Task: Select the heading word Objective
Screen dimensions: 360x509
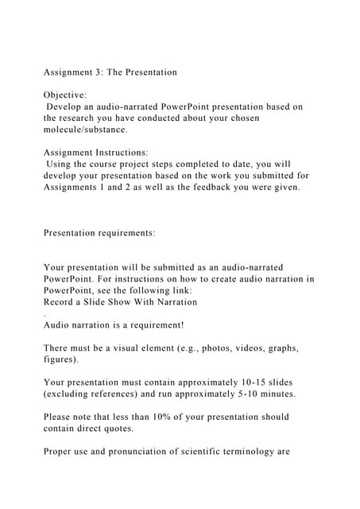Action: [x=65, y=95]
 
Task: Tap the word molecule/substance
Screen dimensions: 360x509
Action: [x=85, y=128]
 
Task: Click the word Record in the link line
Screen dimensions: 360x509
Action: [x=61, y=301]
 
